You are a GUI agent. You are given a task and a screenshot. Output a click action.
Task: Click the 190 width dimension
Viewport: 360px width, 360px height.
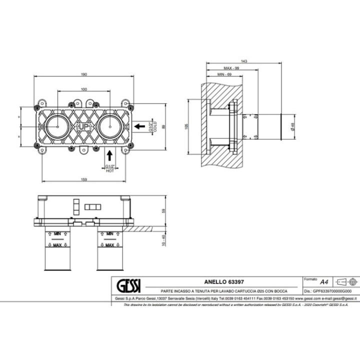point(84,74)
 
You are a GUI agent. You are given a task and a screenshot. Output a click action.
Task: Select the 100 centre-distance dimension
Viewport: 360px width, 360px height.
point(84,89)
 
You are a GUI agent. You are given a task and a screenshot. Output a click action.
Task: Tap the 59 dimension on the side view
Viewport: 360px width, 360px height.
point(162,210)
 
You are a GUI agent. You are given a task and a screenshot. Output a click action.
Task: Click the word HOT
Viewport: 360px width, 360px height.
point(109,170)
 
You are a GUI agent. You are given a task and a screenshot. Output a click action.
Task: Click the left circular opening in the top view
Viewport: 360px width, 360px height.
point(59,126)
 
